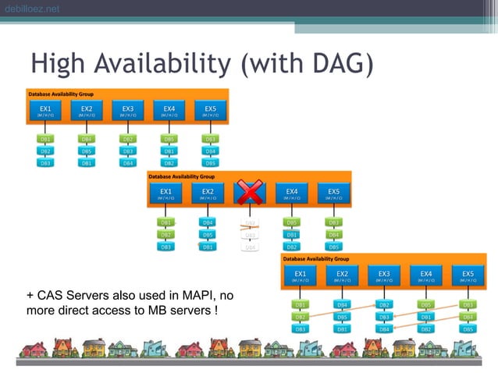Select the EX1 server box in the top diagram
click(x=45, y=110)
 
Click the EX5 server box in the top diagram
click(x=210, y=110)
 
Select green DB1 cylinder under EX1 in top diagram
click(x=45, y=139)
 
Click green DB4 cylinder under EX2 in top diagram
click(x=87, y=139)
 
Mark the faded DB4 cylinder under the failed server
click(x=250, y=247)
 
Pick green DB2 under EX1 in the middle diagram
click(x=165, y=234)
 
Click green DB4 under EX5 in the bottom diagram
click(x=468, y=317)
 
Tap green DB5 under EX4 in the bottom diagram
click(x=426, y=304)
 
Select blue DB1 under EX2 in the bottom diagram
click(x=342, y=329)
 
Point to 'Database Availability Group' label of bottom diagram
click(x=316, y=258)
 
